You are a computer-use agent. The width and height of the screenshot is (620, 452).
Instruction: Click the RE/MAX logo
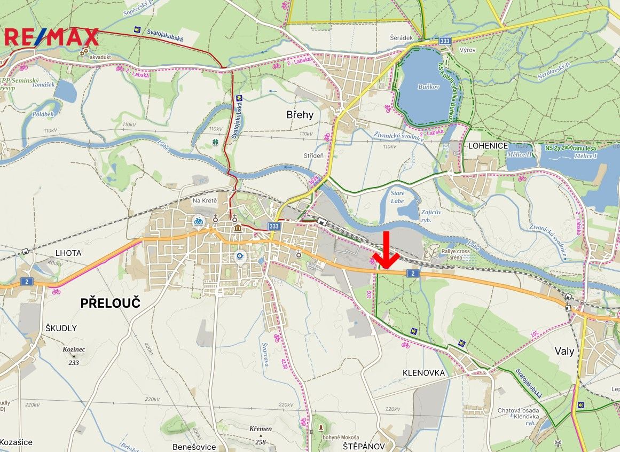tap(52, 37)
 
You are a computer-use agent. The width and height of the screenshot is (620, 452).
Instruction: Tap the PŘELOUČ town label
tap(110, 303)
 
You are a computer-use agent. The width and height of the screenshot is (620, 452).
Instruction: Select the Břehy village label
tap(300, 114)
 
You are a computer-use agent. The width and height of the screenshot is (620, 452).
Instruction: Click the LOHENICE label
tap(488, 146)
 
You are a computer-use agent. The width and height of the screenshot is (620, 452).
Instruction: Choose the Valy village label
tap(564, 351)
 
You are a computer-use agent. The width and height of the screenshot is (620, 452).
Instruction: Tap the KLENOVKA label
tap(423, 373)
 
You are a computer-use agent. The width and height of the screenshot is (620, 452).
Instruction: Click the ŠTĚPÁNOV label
tap(364, 446)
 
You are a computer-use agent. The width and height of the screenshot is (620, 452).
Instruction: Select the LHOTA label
tap(68, 253)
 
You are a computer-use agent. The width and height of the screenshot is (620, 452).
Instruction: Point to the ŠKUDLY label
tap(61, 328)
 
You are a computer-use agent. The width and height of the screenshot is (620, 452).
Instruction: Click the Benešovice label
tap(194, 447)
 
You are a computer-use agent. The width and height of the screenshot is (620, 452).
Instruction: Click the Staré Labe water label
tap(397, 197)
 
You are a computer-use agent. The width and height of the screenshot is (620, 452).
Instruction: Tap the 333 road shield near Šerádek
tap(444, 41)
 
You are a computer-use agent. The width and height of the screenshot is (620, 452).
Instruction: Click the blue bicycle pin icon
tap(199, 221)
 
